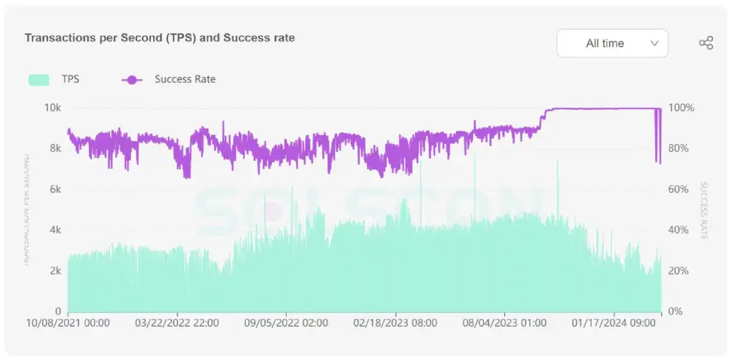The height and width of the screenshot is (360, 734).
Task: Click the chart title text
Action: (x=160, y=38)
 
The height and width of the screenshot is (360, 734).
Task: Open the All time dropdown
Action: (x=612, y=43)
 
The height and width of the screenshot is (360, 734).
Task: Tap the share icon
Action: (x=706, y=43)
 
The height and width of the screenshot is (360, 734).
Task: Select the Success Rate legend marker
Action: (x=132, y=79)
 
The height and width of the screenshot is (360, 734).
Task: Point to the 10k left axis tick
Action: (x=52, y=108)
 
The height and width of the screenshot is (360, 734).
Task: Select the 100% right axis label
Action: (x=681, y=108)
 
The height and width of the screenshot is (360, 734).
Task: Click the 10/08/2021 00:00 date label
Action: (x=68, y=323)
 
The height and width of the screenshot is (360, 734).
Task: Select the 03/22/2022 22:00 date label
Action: (x=177, y=323)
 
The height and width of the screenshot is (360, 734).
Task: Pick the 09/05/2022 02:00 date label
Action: (x=286, y=323)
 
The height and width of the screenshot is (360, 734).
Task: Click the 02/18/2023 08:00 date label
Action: (x=396, y=323)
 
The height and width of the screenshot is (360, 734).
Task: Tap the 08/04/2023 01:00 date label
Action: (x=504, y=323)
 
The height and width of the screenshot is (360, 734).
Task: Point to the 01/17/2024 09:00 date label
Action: (x=614, y=323)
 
